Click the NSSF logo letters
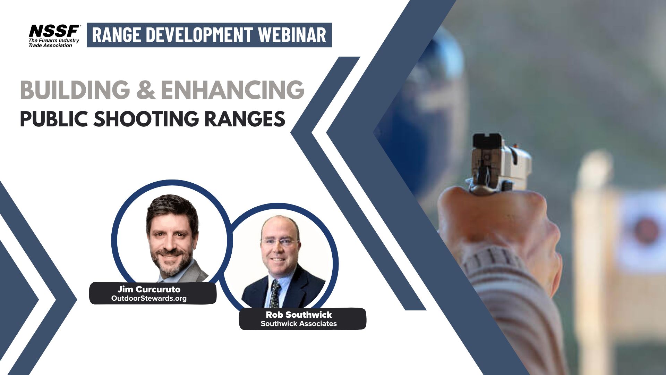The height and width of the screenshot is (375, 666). [54, 31]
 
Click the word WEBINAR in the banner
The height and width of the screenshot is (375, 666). [292, 35]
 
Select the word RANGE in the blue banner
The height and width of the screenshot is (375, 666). [117, 35]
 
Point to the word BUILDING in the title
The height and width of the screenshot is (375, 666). [75, 90]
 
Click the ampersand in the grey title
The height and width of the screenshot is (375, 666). [146, 90]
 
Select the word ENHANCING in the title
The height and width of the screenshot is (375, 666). [233, 90]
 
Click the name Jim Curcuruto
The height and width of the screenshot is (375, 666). [149, 289]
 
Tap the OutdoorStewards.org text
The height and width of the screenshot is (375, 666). [149, 298]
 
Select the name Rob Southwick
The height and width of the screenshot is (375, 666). [299, 315]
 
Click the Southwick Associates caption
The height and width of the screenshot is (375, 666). [299, 324]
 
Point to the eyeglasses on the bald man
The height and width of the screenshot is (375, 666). [280, 241]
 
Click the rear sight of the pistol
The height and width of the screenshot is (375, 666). [487, 140]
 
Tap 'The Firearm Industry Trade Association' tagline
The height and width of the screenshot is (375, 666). [53, 43]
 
